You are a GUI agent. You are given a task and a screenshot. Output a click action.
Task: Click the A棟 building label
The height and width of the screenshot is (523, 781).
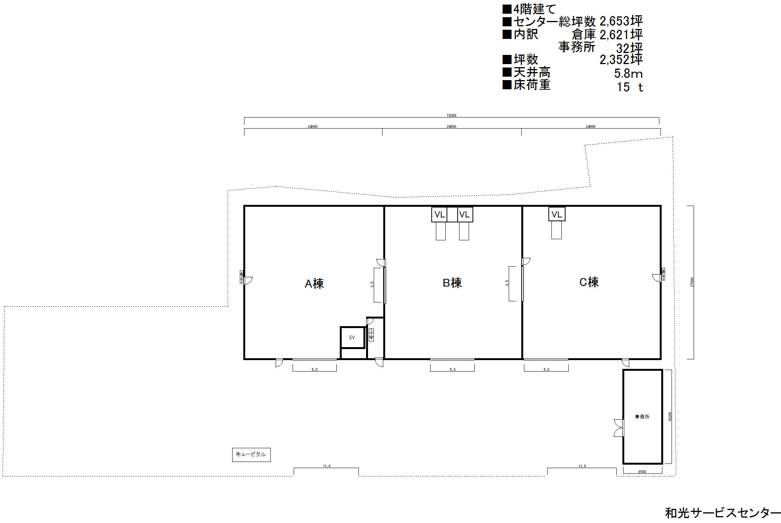pos(314,283)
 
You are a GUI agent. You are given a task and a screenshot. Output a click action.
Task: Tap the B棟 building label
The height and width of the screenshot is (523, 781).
pos(452,283)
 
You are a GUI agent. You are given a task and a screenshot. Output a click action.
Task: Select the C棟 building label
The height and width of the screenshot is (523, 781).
pos(589,282)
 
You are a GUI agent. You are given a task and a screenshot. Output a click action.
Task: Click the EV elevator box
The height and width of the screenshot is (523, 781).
pos(353,338)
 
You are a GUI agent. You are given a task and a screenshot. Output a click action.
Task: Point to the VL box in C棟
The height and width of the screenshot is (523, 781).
pos(557,214)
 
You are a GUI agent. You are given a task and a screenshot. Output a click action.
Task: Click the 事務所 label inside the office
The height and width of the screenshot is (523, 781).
pos(642,417)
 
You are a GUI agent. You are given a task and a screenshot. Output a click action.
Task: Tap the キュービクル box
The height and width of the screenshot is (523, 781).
pos(251,455)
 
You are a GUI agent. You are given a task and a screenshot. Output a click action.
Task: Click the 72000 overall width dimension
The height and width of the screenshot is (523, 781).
pos(452,115)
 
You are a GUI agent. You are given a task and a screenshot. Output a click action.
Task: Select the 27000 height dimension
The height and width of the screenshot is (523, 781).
pos(692,282)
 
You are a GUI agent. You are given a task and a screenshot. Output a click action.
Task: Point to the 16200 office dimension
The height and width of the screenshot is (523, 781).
pos(670,417)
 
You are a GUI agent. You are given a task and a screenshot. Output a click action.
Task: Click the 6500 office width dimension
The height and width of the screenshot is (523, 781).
pos(642,472)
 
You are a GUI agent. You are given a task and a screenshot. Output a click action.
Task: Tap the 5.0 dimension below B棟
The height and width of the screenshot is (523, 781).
pos(453,370)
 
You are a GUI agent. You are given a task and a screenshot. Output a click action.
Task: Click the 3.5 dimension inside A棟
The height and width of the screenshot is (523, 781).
pos(372,285)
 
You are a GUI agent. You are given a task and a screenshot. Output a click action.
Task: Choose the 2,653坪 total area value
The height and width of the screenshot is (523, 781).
pos(621,21)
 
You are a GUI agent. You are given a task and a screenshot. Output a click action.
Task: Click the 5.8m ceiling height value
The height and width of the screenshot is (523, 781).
pos(628,73)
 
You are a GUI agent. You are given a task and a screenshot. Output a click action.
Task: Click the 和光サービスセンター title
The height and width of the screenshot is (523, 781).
pos(723,513)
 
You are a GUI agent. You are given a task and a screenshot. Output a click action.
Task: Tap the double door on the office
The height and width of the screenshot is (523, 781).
pos(619,428)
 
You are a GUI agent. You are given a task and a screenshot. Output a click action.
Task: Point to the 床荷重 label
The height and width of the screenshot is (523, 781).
pos(532,85)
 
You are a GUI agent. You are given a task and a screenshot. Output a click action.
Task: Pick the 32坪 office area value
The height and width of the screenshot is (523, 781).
pos(630,48)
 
